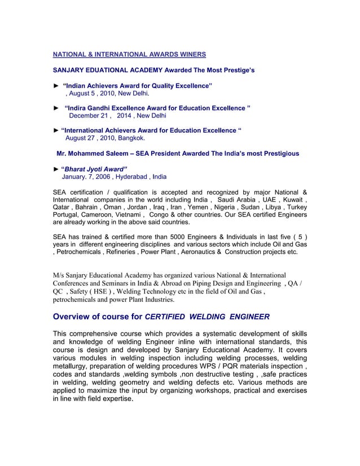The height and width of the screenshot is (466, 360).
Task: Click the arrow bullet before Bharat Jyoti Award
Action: click(55, 169)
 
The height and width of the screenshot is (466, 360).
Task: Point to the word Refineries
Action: click(120, 252)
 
